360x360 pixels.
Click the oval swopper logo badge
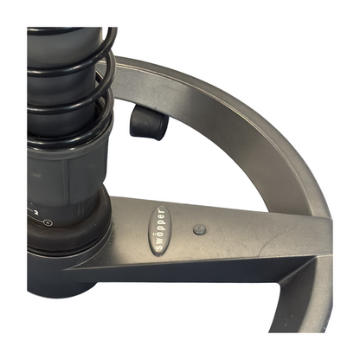[x=159, y=230]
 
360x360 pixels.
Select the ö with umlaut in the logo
[x=159, y=235]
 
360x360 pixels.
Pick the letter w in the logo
[x=159, y=241]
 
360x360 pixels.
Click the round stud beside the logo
[x=199, y=229]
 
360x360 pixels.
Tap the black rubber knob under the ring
[x=148, y=123]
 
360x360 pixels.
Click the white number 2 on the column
[x=36, y=213]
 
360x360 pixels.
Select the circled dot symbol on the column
[x=48, y=222]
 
